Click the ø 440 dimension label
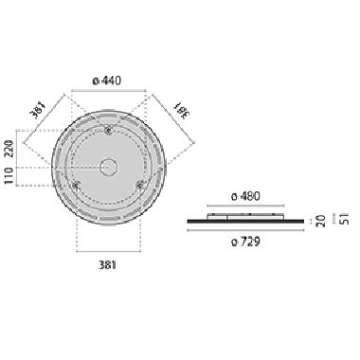(107, 81)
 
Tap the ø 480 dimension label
(245, 196)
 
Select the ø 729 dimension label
(245, 242)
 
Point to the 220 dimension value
(9, 149)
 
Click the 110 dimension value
(9, 176)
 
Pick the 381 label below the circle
(108, 264)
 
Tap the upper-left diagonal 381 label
(38, 109)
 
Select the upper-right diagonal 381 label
(179, 110)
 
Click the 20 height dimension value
(320, 221)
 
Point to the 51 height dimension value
(345, 218)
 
